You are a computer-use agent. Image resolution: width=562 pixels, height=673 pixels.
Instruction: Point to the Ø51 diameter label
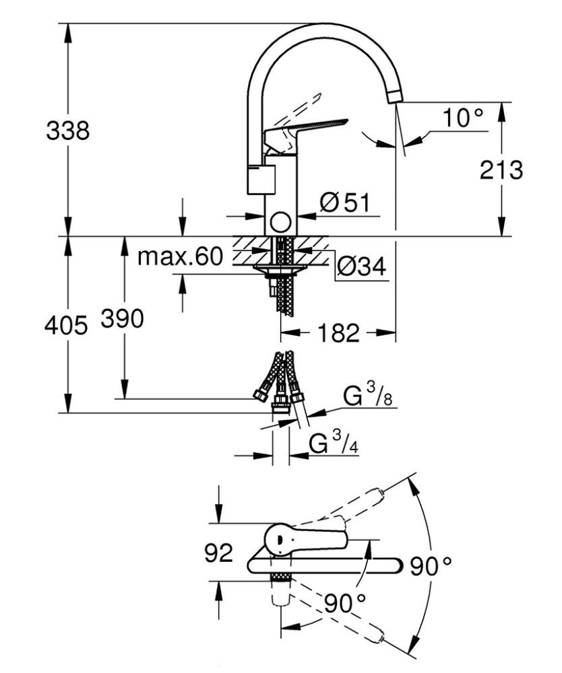coord(344,202)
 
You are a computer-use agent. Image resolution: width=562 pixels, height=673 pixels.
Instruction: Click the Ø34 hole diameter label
coord(361,267)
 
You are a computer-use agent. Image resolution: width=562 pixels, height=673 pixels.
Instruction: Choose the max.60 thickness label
coord(181,256)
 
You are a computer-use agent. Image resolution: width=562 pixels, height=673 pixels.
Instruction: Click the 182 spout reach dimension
coord(338,332)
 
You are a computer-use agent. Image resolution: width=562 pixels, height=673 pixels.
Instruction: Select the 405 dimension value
coord(66,325)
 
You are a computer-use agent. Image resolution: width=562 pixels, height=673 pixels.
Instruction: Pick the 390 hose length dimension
coord(123,319)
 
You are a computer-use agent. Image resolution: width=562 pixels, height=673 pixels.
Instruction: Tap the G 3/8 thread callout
coord(368,396)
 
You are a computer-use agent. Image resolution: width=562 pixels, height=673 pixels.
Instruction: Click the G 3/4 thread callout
coord(334,443)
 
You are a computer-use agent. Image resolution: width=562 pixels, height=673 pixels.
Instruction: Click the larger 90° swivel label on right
coord(431,566)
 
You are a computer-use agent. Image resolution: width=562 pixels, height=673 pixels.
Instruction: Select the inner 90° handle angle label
coord(344,603)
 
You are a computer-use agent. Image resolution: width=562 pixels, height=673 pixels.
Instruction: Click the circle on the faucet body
coord(280,223)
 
